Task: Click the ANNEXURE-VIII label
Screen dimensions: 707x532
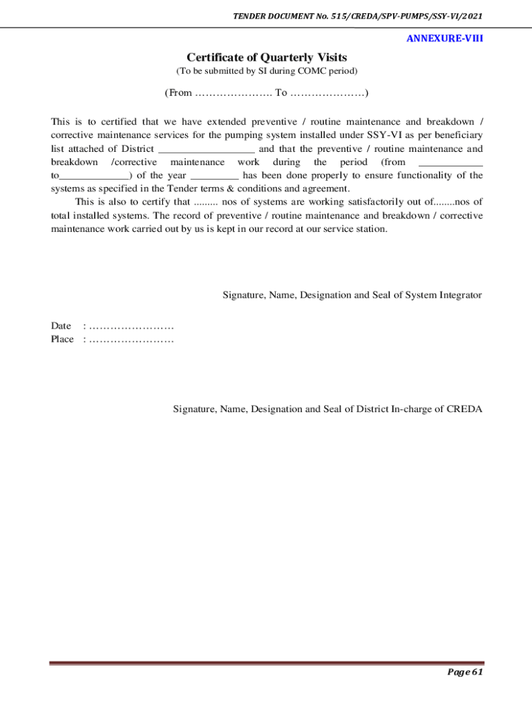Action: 444,39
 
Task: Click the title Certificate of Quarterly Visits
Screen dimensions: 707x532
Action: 266,57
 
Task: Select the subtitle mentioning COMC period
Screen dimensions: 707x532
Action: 266,71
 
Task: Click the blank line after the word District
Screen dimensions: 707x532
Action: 207,148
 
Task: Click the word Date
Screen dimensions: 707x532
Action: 61,326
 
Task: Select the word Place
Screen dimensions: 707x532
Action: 62,339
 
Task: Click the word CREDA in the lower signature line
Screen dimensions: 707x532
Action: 464,409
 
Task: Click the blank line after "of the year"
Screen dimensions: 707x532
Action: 214,175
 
